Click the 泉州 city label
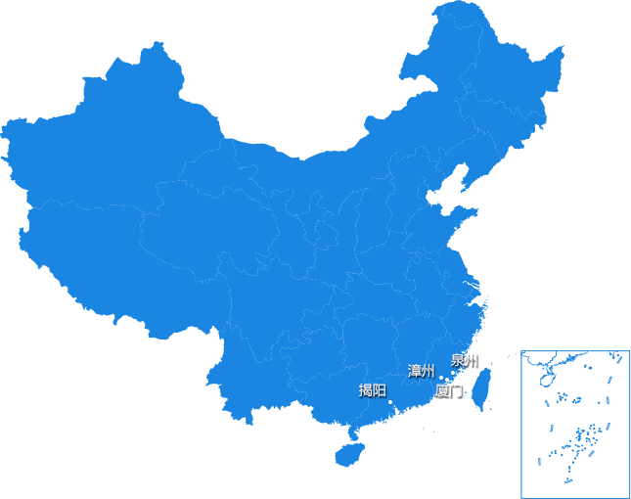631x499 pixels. pos(464,359)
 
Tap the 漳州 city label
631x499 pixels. pos(421,371)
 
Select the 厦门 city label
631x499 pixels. pos(448,389)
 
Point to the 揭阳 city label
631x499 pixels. pos(372,390)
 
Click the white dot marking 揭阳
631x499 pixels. pos(390,402)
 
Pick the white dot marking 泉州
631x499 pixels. pos(453,372)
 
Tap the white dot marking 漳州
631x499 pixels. pos(441,377)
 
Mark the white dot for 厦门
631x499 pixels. pos(447,380)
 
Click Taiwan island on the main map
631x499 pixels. pos(481,384)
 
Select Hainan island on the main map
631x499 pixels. pos(350,454)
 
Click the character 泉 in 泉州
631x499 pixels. pos(457,359)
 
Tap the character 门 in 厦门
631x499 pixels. pos(455,389)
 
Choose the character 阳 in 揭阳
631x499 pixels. pos(379,390)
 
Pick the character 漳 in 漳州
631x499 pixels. pos(414,371)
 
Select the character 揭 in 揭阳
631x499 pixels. pos(365,390)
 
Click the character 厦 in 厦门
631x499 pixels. pos(441,389)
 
